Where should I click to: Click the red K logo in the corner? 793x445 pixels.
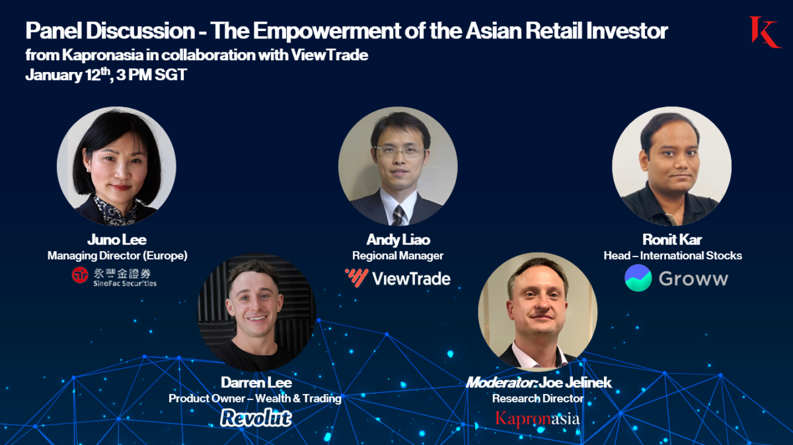764,32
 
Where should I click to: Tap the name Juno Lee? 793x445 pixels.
117,239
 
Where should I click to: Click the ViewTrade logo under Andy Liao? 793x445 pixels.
398,278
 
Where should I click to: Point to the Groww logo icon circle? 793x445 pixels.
638,278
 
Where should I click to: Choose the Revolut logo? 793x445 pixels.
256,417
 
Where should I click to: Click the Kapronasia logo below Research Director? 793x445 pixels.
537,418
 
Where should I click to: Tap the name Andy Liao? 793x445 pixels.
397,239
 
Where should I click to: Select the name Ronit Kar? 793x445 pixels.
672,239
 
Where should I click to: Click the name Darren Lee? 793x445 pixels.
256,382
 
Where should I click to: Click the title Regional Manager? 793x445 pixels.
398,255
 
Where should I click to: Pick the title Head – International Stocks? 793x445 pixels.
672,255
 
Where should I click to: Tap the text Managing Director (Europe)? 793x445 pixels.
117,255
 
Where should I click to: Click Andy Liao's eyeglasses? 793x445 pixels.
397,151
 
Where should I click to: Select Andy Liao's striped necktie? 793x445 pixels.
398,214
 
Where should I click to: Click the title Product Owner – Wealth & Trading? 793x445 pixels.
255,398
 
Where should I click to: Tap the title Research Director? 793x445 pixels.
537,398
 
